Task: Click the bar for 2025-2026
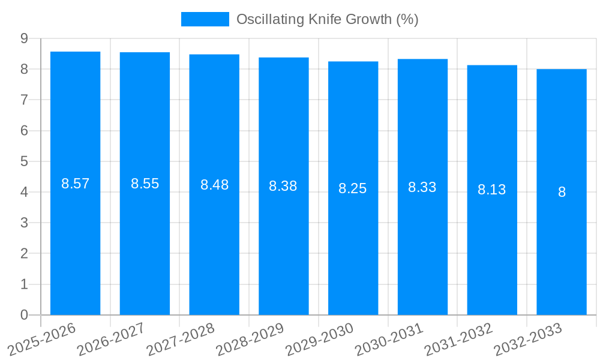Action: (75, 240)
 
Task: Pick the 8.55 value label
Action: (145, 184)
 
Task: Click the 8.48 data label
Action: (214, 185)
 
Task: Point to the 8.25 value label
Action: (353, 188)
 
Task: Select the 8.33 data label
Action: (422, 187)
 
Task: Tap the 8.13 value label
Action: (492, 190)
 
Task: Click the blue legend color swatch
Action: (205, 19)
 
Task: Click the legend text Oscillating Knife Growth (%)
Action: (327, 19)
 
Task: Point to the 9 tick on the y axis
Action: (24, 38)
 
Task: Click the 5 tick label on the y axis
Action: (24, 161)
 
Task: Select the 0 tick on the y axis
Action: (24, 315)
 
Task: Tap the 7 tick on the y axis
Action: (24, 100)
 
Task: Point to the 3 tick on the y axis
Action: (24, 223)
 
